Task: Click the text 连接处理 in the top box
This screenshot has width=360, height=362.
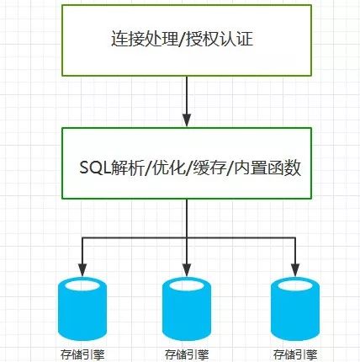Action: [x=145, y=39]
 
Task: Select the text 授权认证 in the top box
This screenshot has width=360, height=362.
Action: [x=220, y=39]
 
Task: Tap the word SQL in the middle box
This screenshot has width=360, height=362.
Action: [x=95, y=168]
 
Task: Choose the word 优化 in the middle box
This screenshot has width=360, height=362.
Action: [x=168, y=168]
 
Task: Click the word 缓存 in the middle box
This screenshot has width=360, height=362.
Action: [x=209, y=168]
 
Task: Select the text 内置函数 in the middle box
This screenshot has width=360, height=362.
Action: [x=267, y=168]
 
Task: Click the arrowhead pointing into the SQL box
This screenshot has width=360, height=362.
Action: [x=187, y=120]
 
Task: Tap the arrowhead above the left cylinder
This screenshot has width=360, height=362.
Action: [x=82, y=270]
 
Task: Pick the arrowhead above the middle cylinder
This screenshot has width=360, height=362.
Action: [x=187, y=270]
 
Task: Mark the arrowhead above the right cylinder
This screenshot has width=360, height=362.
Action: [x=295, y=270]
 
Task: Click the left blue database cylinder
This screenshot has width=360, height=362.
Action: [x=82, y=309]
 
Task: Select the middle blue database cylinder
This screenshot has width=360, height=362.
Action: [x=187, y=309]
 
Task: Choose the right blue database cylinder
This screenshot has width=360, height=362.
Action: [x=295, y=309]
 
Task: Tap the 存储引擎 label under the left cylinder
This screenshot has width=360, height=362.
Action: [x=82, y=354]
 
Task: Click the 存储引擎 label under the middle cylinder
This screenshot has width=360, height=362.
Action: [x=187, y=354]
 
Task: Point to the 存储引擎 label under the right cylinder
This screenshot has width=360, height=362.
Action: [x=295, y=354]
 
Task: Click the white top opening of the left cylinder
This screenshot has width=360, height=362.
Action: [x=82, y=285]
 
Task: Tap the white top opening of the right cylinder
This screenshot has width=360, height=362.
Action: [x=295, y=285]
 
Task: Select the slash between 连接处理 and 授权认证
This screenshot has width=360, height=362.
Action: [x=182, y=39]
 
